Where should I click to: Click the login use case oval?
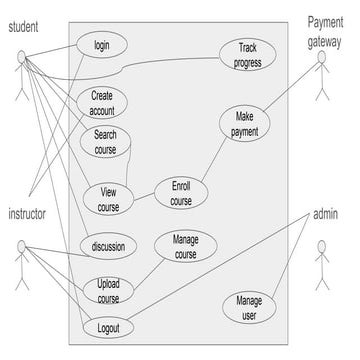[x=102, y=46]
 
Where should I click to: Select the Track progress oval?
[x=247, y=54]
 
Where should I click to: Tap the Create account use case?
[x=102, y=103]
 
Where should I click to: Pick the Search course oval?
[x=105, y=142]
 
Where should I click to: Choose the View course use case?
[x=108, y=198]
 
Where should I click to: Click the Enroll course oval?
[x=181, y=193]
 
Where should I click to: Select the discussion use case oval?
[x=107, y=247]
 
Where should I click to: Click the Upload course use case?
[x=108, y=291]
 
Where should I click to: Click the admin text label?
[x=326, y=215]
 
